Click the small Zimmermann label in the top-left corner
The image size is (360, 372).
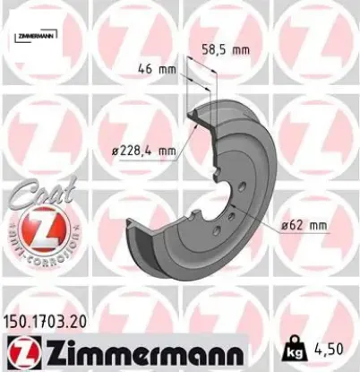[33, 35]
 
